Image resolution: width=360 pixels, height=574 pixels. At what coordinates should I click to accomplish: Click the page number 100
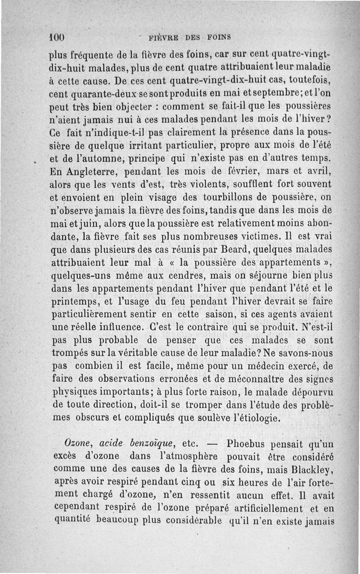click(x=58, y=36)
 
